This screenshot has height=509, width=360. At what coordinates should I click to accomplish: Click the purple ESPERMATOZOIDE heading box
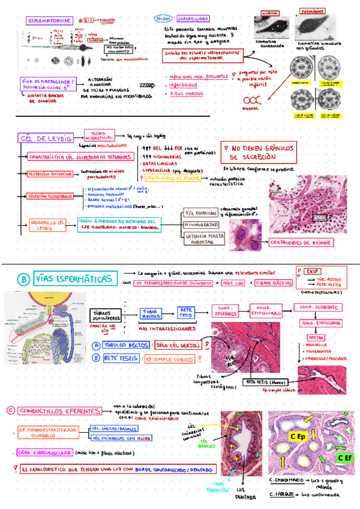[x=50, y=21]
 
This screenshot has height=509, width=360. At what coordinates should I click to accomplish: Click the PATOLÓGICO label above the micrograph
[x=313, y=11]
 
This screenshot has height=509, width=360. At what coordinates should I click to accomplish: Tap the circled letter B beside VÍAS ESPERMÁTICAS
[x=23, y=280]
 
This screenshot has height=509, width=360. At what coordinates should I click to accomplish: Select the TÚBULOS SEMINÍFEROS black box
[x=107, y=315]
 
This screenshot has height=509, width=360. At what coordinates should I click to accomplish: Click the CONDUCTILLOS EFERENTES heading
[x=59, y=411]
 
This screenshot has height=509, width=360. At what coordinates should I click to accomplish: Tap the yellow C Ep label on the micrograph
[x=299, y=436]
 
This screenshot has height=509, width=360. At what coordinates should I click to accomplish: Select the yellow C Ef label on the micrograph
[x=344, y=458]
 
